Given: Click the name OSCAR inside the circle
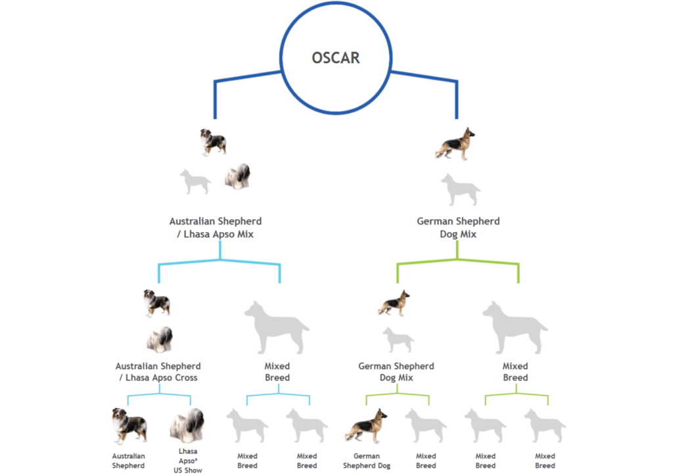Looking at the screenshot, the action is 336,58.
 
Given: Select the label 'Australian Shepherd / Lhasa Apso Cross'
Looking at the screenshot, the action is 158,372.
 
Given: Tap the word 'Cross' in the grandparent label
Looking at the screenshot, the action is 186,378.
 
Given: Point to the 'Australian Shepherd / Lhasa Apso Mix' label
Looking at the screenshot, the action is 216,228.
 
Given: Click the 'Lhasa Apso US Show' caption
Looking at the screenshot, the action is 188,461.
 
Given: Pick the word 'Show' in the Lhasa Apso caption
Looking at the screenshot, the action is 193,470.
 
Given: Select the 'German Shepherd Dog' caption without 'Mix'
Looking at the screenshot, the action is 367,461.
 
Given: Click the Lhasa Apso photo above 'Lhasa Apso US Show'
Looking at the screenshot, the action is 187,426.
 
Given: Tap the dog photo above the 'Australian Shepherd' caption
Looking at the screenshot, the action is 129,426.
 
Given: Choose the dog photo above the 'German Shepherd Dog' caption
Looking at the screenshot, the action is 366,426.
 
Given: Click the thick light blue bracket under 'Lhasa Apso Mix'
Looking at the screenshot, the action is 220,260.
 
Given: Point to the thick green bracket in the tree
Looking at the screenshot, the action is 457,260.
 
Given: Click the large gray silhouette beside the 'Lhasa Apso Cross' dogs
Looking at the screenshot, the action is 277,327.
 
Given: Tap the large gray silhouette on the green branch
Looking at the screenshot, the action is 515,327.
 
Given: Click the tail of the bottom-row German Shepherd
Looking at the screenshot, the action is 350,435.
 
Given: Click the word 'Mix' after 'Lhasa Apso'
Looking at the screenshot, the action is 245,234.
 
